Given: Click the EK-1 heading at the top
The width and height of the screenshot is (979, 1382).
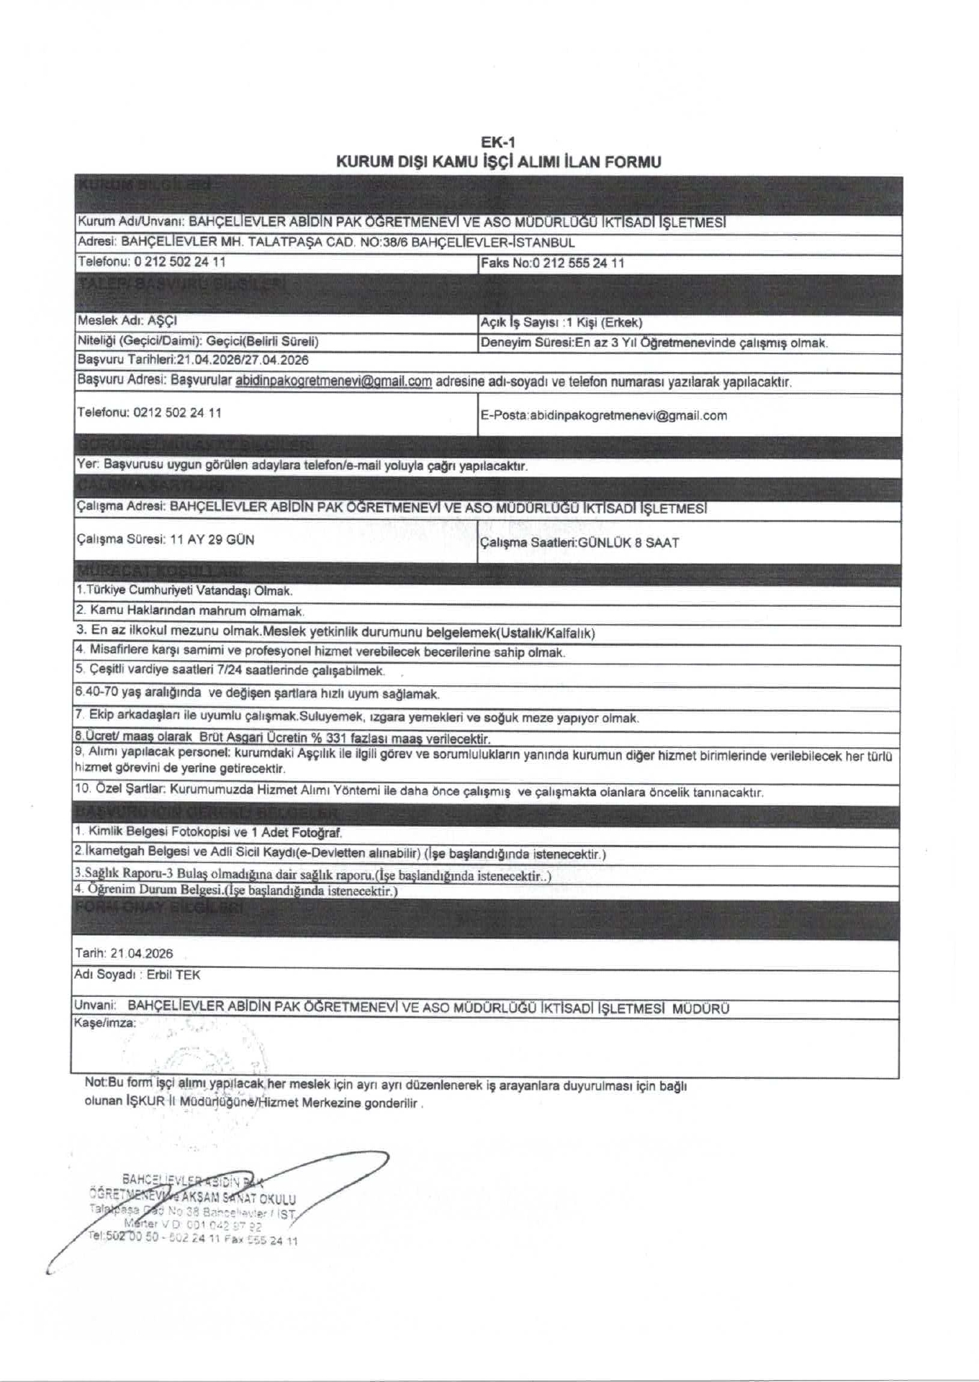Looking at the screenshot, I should coord(497,143).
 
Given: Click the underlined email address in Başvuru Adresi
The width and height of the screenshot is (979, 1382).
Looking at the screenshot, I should coord(333,382).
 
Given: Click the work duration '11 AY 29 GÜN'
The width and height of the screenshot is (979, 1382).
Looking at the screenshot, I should coord(212,539).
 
